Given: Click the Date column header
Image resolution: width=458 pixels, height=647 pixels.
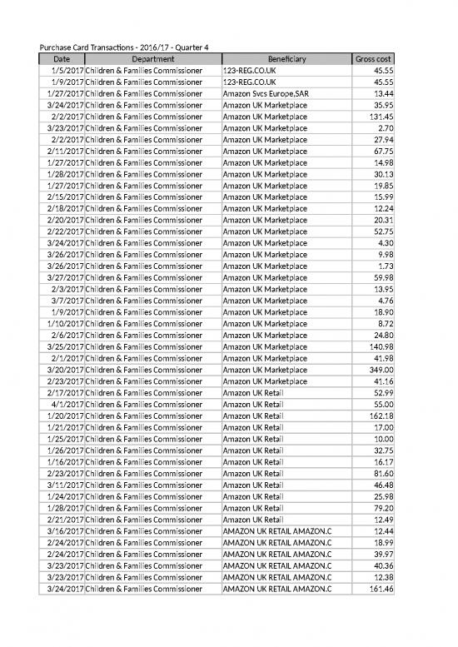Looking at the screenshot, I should [x=62, y=59].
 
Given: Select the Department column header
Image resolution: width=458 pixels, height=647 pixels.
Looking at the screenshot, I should [x=152, y=59].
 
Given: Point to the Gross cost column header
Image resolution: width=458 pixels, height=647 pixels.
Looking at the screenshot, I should [x=373, y=59].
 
